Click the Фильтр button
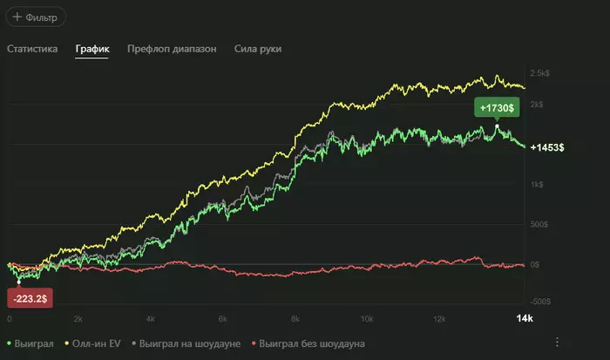pyautogui.click(x=34, y=17)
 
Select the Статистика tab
pyautogui.click(x=32, y=49)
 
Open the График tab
pyautogui.click(x=91, y=49)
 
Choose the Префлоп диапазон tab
pyautogui.click(x=171, y=49)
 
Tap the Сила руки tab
pyautogui.click(x=257, y=49)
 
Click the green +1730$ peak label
pyautogui.click(x=497, y=107)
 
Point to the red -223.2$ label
pyautogui.click(x=30, y=298)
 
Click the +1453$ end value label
pyautogui.click(x=547, y=147)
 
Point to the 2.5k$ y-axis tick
pyautogui.click(x=539, y=73)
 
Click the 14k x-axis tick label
pyautogui.click(x=523, y=320)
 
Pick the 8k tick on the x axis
pyautogui.click(x=295, y=320)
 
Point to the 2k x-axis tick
pyautogui.click(x=78, y=320)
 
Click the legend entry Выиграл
pyautogui.click(x=30, y=344)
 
